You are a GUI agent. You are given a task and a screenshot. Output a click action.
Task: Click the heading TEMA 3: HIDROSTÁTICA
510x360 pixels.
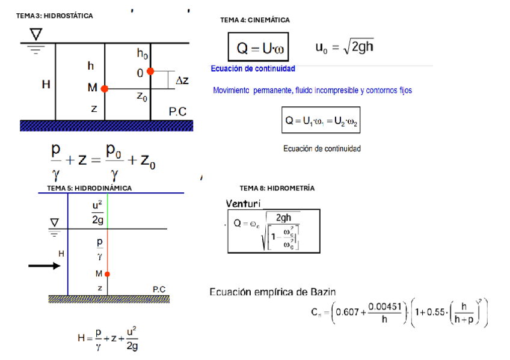[x=55, y=16]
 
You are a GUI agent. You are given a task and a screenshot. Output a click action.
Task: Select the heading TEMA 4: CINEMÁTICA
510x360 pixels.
[x=255, y=20]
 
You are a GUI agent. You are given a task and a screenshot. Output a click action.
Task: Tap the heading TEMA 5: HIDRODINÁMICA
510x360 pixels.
[x=89, y=188]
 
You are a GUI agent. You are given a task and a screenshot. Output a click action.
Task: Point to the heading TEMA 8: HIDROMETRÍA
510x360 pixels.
[x=277, y=188]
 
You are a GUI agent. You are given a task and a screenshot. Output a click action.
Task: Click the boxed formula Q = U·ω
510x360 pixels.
[x=258, y=47]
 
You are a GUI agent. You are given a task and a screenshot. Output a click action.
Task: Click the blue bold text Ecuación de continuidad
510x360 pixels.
[x=253, y=69]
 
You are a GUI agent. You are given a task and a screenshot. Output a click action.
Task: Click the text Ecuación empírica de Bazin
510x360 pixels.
[x=272, y=292]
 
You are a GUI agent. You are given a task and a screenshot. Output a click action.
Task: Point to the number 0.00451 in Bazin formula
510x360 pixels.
[x=384, y=307]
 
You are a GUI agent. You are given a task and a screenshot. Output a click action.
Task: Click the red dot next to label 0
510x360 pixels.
[x=150, y=72]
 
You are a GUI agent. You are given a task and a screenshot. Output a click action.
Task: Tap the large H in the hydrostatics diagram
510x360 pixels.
[x=46, y=85]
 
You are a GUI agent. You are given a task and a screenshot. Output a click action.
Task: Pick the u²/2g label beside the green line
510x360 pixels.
[x=97, y=212]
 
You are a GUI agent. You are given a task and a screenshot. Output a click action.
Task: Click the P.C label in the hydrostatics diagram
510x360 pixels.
[x=177, y=111]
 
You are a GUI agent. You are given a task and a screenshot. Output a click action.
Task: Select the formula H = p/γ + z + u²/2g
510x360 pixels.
[x=108, y=338]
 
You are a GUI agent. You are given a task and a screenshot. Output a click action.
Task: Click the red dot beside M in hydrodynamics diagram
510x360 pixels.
[x=107, y=274]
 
